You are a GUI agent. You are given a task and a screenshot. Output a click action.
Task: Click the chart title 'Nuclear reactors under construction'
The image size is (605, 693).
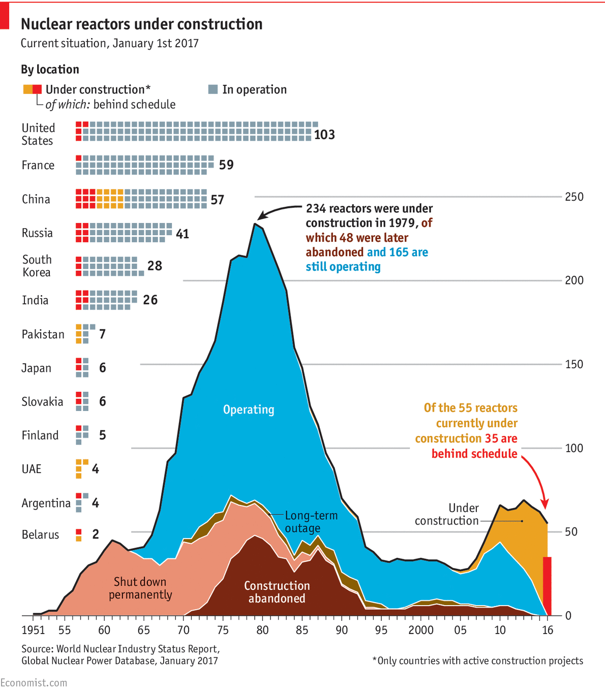point(141,24)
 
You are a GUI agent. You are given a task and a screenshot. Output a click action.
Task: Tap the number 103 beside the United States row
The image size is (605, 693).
point(324,135)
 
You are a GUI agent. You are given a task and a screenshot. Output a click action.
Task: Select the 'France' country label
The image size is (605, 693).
point(38,165)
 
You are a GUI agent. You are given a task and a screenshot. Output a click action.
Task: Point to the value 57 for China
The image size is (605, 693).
point(217,200)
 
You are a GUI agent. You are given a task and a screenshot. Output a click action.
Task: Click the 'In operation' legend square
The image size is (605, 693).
point(213,89)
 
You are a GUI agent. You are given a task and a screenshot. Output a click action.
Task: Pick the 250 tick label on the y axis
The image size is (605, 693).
point(574,197)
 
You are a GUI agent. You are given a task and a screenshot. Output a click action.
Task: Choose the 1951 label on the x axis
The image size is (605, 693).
point(33,630)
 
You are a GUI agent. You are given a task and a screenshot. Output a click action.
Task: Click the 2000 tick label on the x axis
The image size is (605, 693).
point(420,630)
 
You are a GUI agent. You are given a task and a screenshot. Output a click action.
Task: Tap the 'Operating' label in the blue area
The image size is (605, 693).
point(249,409)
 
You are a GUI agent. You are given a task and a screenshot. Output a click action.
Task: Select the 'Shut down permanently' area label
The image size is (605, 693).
point(140,588)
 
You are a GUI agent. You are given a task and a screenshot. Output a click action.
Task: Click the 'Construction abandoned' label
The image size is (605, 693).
point(277,592)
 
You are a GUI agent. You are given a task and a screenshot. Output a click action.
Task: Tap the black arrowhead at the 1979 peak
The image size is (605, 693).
point(261,216)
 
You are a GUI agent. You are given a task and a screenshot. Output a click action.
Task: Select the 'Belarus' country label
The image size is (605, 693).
point(40,534)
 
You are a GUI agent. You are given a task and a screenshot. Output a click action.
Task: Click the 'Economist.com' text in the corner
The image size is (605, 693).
point(34,683)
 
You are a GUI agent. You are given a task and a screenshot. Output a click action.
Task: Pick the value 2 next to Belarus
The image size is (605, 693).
point(96,534)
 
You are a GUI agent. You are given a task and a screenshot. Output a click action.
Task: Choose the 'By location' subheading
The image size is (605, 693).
point(50,70)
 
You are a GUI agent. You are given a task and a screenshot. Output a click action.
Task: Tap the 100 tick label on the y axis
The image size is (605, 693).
point(574,448)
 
